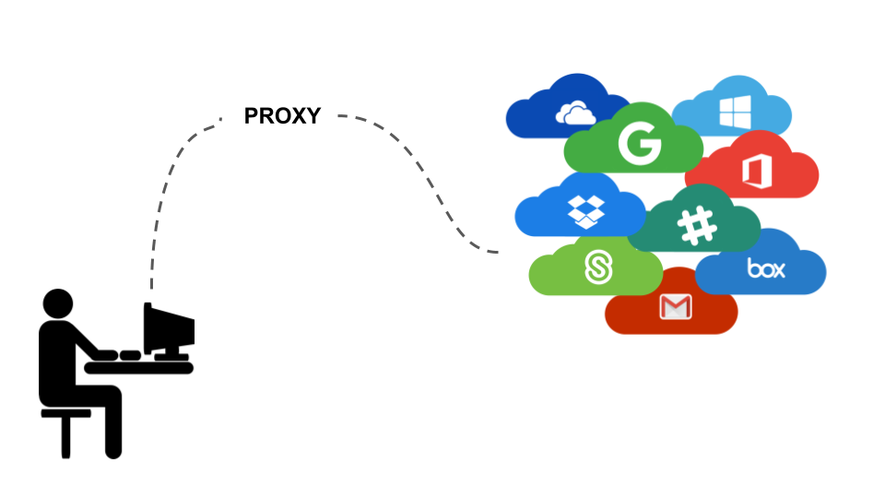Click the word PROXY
pyautogui.click(x=282, y=116)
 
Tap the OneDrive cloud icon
pyautogui.click(x=575, y=113)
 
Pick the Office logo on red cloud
pyautogui.click(x=755, y=172)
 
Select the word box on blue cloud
pyautogui.click(x=766, y=269)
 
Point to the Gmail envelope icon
pyautogui.click(x=675, y=307)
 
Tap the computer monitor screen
pyautogui.click(x=171, y=325)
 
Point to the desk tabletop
pyautogui.click(x=138, y=368)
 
